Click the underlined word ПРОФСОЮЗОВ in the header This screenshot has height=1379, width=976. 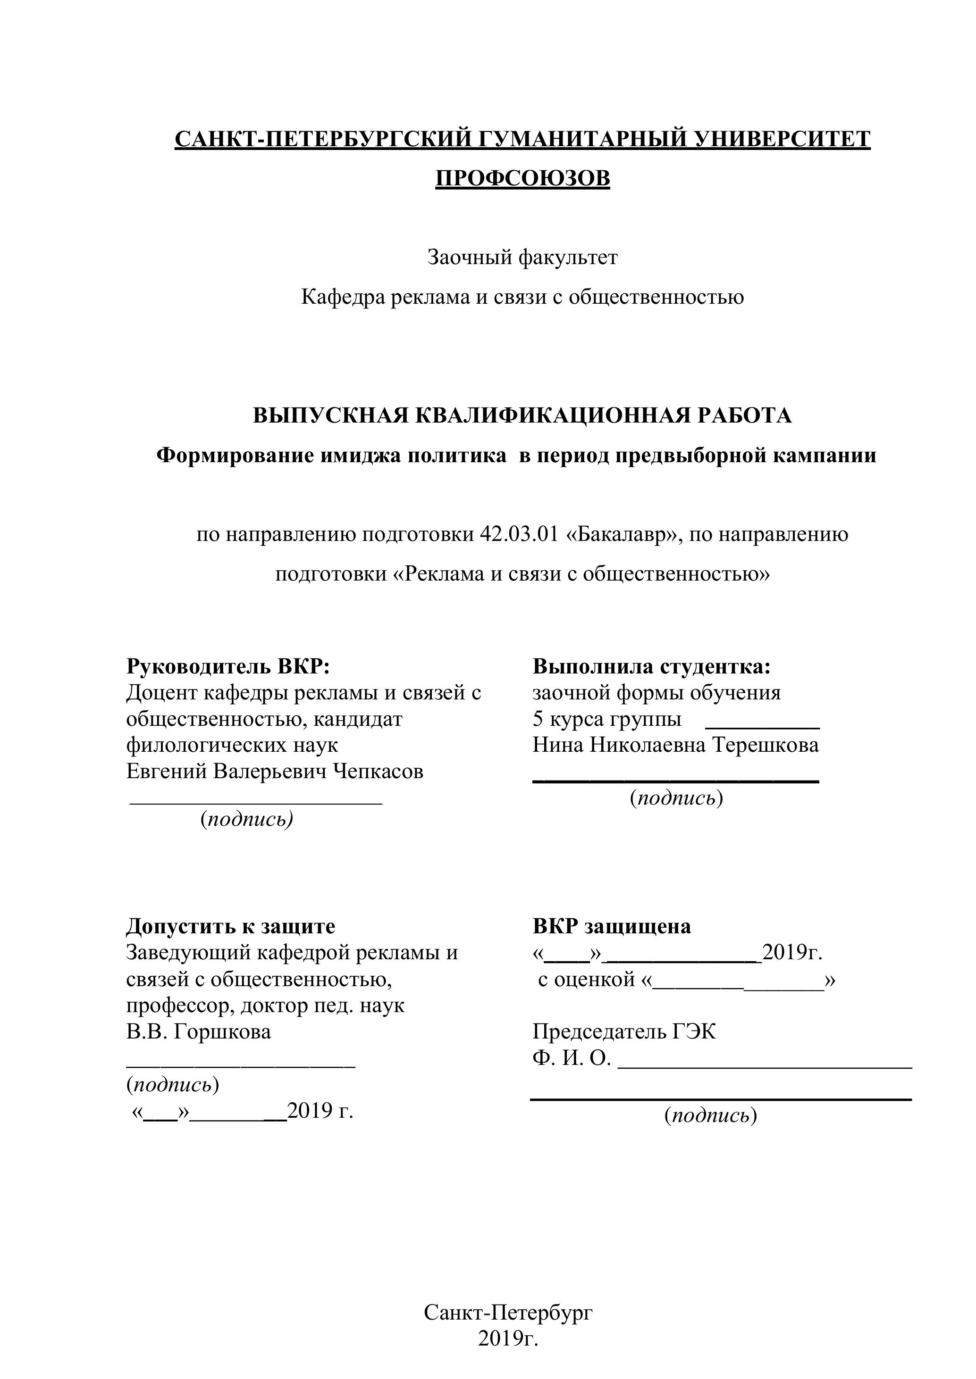point(522,178)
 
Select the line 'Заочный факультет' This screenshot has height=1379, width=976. point(522,258)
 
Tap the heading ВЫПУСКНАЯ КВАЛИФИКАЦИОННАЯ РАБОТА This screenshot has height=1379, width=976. point(522,415)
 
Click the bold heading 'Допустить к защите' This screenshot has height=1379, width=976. point(231,926)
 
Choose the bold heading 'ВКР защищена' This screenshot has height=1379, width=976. point(612,926)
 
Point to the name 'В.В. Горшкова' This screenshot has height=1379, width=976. point(199,1031)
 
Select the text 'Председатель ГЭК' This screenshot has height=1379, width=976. point(624,1031)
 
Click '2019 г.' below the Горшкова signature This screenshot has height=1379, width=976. point(320,1111)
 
